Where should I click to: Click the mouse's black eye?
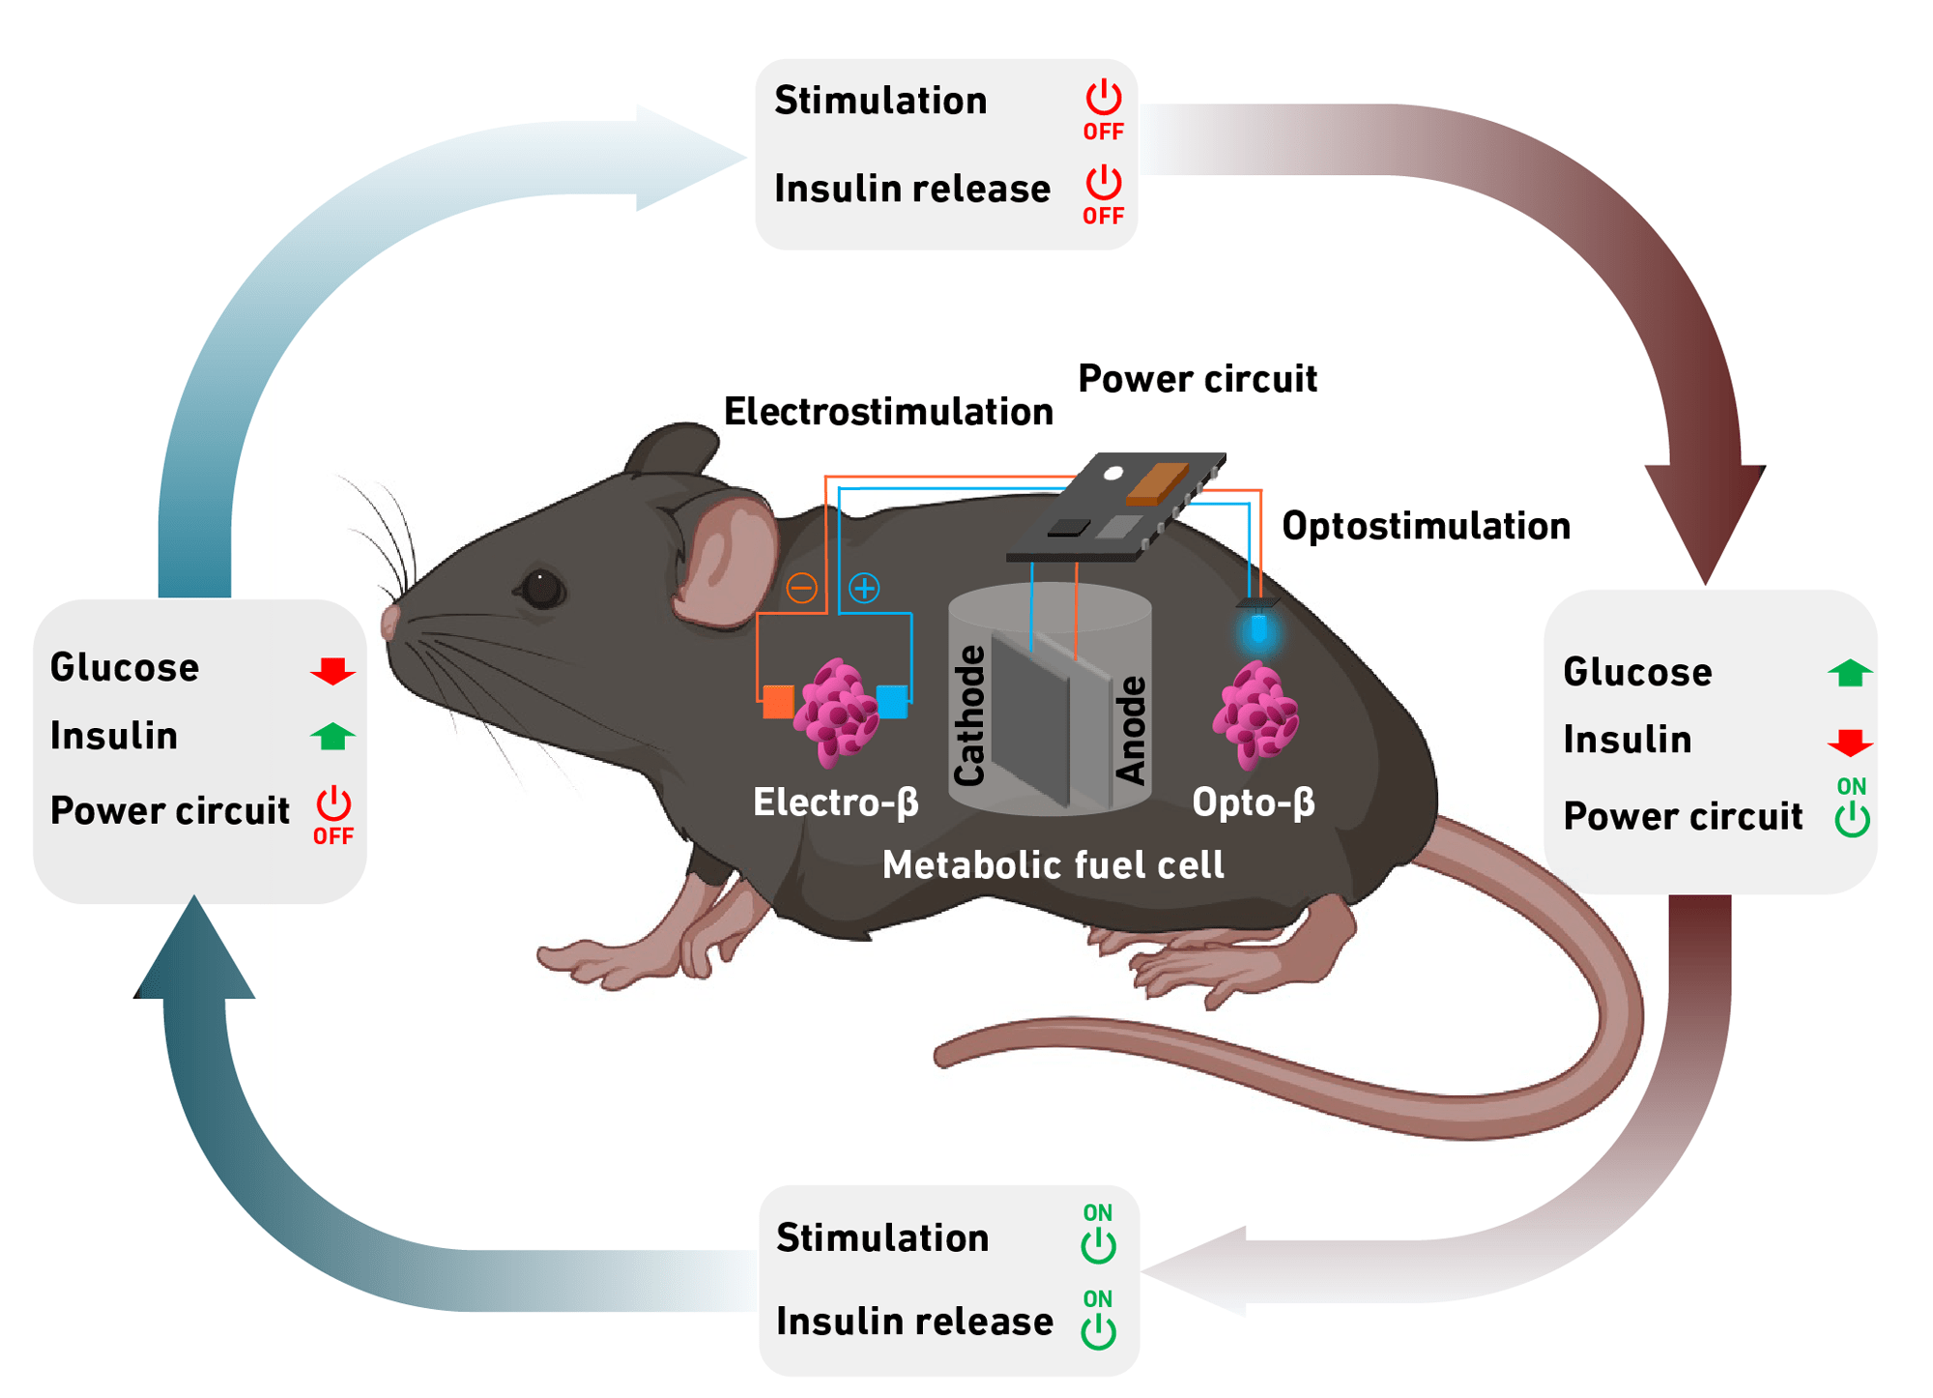pyautogui.click(x=540, y=588)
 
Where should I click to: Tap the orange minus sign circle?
pyautogui.click(x=801, y=588)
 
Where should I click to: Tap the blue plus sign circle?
pyautogui.click(x=864, y=588)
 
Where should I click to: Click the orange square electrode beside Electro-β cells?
pyautogui.click(x=778, y=702)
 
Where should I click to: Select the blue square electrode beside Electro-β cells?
pyautogui.click(x=891, y=701)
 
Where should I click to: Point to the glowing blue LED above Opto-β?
pyautogui.click(x=1258, y=630)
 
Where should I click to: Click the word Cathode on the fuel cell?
pyautogui.click(x=969, y=715)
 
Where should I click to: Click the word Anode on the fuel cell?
pyautogui.click(x=1131, y=730)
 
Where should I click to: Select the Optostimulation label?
pyautogui.click(x=1426, y=526)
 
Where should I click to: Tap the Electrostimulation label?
pyautogui.click(x=888, y=412)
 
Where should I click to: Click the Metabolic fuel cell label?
pyautogui.click(x=1053, y=864)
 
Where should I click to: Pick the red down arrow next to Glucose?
pyautogui.click(x=332, y=670)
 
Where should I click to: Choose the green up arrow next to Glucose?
pyautogui.click(x=1850, y=673)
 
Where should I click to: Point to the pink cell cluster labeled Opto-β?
pyautogui.click(x=1255, y=715)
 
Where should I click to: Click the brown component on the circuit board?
pyautogui.click(x=1157, y=482)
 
